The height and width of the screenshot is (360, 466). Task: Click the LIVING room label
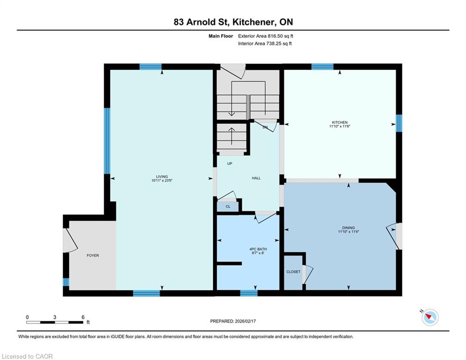click(x=162, y=176)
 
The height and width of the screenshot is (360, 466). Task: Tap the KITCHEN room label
click(x=340, y=122)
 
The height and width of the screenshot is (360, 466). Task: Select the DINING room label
click(x=348, y=228)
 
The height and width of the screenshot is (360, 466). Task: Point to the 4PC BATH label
click(x=258, y=249)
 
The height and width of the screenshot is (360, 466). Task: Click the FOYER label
click(x=93, y=255)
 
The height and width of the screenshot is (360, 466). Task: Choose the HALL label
click(x=256, y=178)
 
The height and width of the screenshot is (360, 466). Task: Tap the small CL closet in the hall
click(x=228, y=206)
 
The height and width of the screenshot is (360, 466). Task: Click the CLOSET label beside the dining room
click(x=293, y=271)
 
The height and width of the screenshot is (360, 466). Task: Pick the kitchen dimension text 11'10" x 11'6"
click(x=340, y=126)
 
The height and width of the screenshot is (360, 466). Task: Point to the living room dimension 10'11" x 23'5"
click(x=162, y=180)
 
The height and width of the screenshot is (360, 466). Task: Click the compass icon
click(x=430, y=317)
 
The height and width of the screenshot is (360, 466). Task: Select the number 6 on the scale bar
click(x=83, y=317)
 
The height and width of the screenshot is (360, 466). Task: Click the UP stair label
click(x=230, y=163)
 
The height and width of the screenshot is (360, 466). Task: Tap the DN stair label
click(x=265, y=127)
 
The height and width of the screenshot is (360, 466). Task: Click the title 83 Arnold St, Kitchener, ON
click(x=233, y=22)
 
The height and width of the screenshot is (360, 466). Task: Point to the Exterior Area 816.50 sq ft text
click(x=266, y=36)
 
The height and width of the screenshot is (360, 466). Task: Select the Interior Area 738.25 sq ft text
click(x=265, y=44)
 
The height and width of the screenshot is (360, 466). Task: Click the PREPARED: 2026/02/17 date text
click(x=233, y=321)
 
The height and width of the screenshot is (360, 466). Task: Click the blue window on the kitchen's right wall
click(x=399, y=123)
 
